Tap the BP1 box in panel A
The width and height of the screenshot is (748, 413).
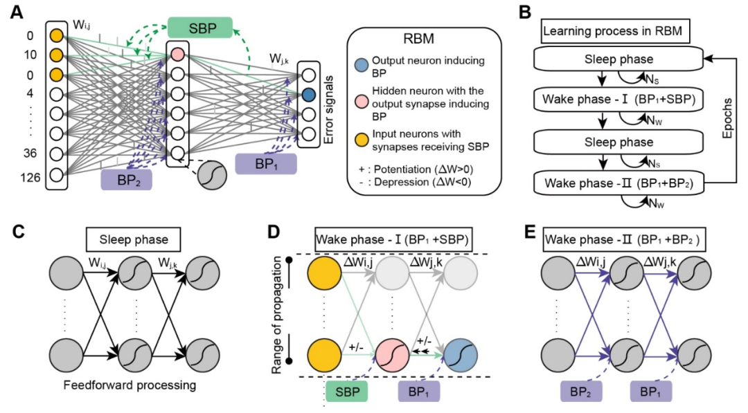click(x=266, y=164)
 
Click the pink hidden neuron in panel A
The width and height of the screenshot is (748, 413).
click(x=177, y=54)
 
